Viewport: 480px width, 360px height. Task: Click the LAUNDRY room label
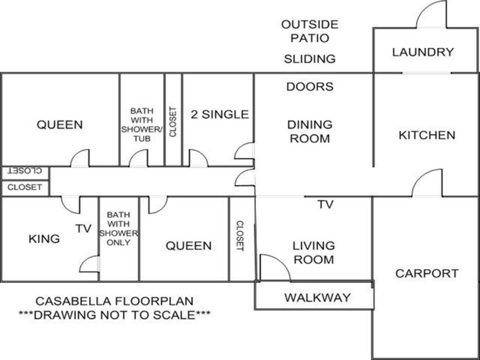click(423, 52)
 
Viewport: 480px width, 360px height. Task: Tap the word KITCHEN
click(427, 135)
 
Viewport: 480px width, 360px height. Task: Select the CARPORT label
click(427, 273)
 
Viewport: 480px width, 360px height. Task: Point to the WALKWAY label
click(317, 297)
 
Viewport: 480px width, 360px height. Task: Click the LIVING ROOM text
click(314, 252)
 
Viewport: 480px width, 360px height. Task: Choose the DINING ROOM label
click(310, 132)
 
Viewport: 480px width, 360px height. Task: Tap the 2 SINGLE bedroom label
click(220, 115)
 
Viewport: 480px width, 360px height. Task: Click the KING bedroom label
click(44, 239)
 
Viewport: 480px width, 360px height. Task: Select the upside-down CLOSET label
click(24, 171)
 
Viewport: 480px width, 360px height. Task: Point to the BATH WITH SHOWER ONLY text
click(119, 228)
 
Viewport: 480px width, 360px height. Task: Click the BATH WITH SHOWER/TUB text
click(142, 125)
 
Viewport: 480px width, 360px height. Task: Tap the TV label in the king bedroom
click(84, 228)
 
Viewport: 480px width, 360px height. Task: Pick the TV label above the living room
click(325, 204)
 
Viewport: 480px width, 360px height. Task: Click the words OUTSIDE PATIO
click(310, 31)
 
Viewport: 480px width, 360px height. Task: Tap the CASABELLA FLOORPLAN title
click(115, 301)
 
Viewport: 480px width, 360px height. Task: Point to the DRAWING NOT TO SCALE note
click(115, 315)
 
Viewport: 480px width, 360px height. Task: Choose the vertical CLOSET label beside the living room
click(240, 236)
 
